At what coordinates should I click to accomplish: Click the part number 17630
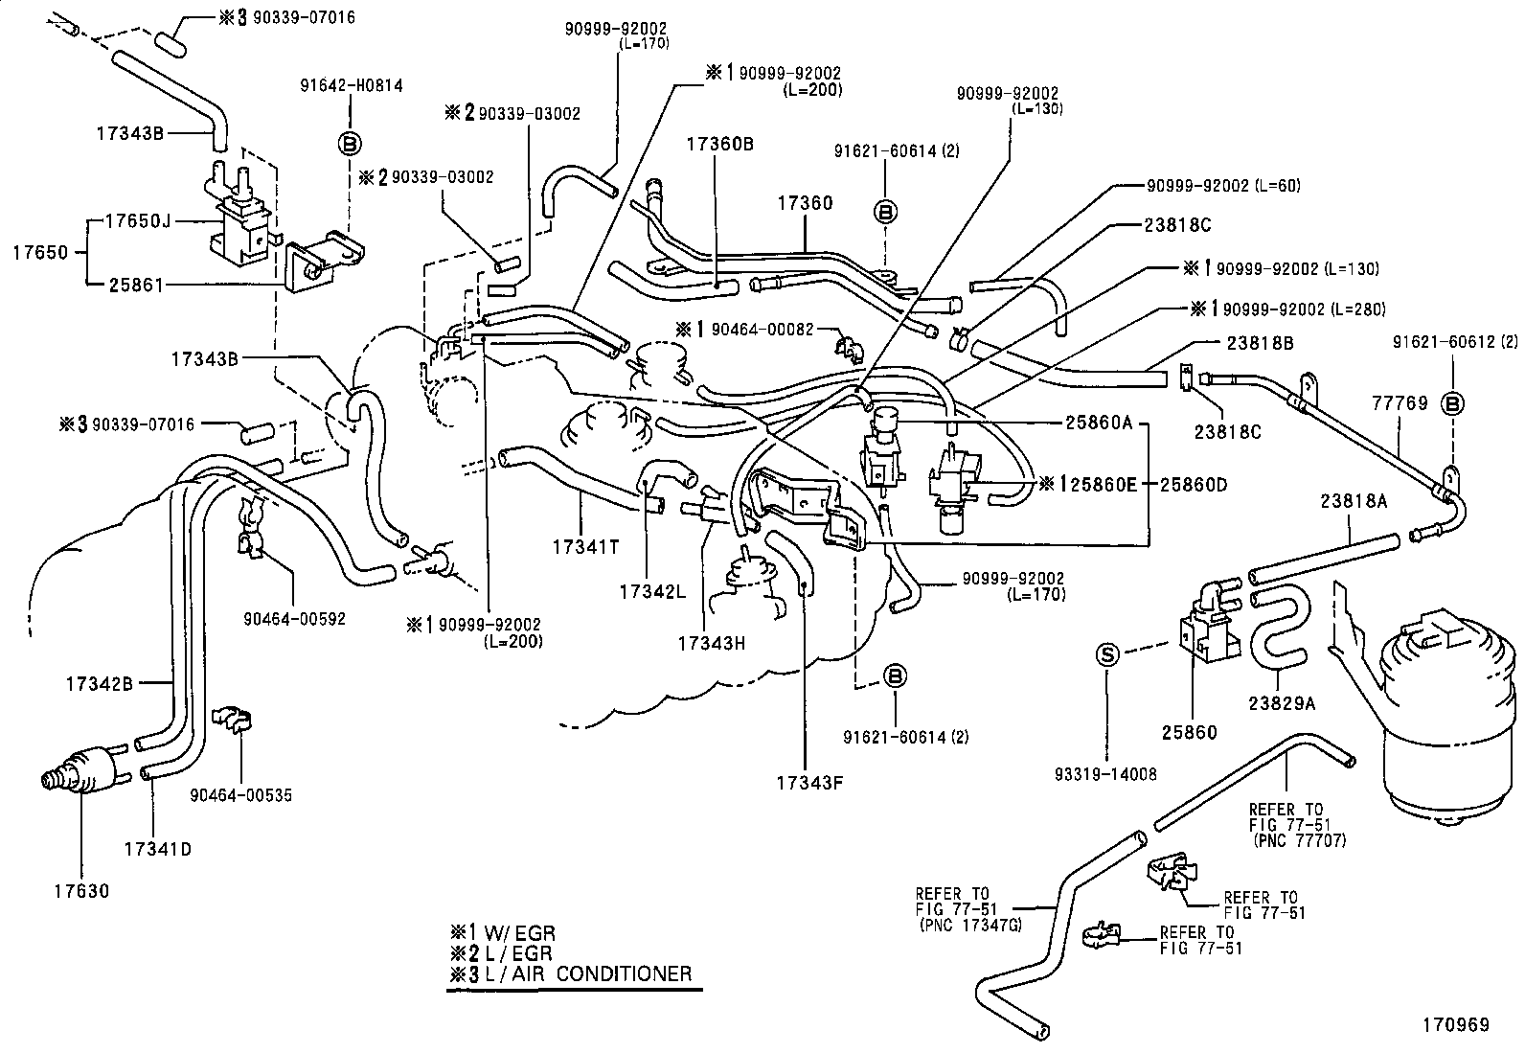81,891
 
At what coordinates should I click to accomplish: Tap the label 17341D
158,849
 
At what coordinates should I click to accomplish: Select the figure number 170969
1456,1024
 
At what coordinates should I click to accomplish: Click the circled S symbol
1107,655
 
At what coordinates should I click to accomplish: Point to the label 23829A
1282,703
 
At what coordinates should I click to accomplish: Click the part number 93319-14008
1105,774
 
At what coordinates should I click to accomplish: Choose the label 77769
1400,403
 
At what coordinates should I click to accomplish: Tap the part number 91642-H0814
352,85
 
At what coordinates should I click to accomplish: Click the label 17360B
719,145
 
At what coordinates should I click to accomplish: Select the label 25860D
1194,485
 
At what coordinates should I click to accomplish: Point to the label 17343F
809,783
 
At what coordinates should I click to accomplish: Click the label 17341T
585,547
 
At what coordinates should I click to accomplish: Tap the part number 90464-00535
241,795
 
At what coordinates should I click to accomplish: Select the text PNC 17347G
973,925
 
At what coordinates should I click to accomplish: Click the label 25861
136,285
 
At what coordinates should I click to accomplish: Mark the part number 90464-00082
762,330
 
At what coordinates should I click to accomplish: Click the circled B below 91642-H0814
350,144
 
